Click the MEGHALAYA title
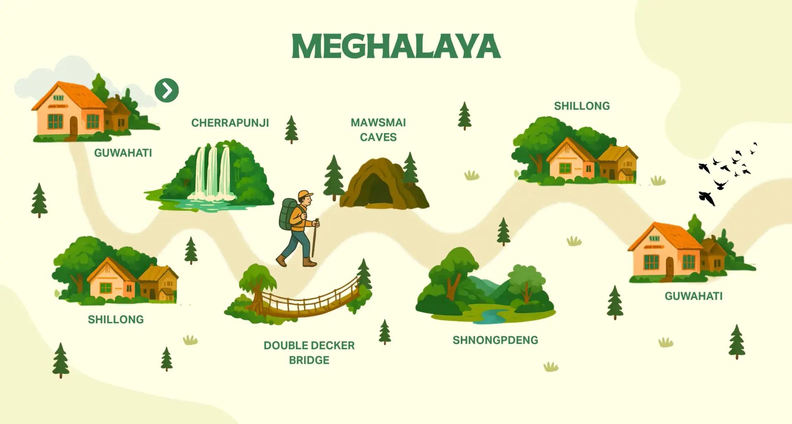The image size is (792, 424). pyautogui.click(x=396, y=46)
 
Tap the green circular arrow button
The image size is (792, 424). pyautogui.click(x=167, y=90)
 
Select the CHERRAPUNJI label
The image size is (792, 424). pyautogui.click(x=230, y=123)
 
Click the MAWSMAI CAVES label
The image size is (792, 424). pyautogui.click(x=378, y=130)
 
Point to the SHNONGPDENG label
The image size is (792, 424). pyautogui.click(x=495, y=340)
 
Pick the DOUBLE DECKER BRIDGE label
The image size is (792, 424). pyautogui.click(x=309, y=353)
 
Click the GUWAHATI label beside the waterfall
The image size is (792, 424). pyautogui.click(x=123, y=153)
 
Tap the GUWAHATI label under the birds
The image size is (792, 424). pyautogui.click(x=693, y=296)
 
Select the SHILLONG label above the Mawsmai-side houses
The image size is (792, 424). pyautogui.click(x=582, y=106)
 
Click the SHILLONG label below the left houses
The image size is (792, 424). pyautogui.click(x=115, y=320)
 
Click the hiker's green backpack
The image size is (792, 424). pyautogui.click(x=288, y=213)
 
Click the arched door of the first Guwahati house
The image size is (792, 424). pyautogui.click(x=73, y=125)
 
